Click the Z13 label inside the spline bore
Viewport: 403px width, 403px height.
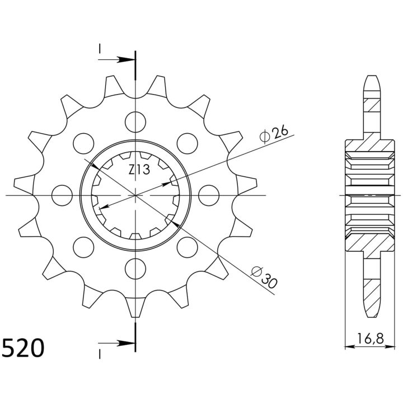(139, 170)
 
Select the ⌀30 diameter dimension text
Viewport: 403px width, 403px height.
(264, 277)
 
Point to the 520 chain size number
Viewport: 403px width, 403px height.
(22, 348)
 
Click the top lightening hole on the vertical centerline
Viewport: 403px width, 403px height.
(135, 122)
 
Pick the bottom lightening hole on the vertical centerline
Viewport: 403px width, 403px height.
(135, 269)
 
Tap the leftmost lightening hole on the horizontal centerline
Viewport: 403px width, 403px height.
(62, 195)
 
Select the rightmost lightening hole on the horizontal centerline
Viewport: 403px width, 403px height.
(209, 195)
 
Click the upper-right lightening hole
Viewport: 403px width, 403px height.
(188, 143)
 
